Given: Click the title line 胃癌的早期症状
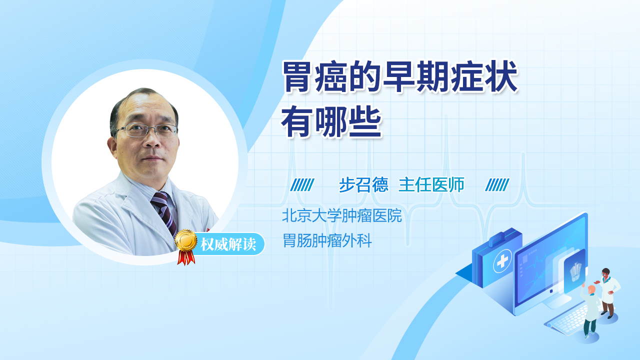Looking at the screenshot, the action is (400, 76).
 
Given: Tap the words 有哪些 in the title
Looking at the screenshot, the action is (331, 122).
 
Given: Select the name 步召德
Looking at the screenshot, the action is (363, 184).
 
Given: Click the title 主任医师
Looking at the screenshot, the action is (431, 184).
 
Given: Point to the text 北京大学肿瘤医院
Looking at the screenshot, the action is (342, 215).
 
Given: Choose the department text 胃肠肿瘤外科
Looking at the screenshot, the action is (327, 240).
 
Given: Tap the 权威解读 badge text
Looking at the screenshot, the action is (228, 244).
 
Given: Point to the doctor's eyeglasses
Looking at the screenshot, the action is (147, 130).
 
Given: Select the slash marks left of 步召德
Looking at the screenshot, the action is (302, 185).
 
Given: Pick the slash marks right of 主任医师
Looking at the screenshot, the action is (497, 185).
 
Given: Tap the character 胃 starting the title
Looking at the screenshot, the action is (297, 76).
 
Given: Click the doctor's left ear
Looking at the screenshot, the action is (112, 145).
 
